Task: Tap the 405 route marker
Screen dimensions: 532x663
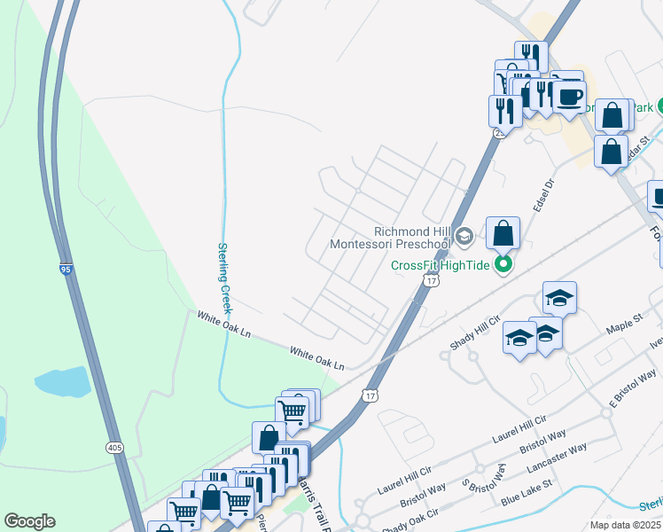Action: pos(114,449)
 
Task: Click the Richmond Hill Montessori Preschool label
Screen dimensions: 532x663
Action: pos(390,237)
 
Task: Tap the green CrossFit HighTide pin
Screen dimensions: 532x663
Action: pos(503,263)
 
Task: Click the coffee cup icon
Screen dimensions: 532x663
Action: pos(569,97)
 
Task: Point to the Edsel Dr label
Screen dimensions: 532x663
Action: pos(543,195)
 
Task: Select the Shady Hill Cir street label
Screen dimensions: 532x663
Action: pos(475,332)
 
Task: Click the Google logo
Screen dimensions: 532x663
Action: pos(29,520)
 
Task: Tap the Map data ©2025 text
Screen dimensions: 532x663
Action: pos(625,525)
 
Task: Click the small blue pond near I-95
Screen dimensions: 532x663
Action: pos(63,382)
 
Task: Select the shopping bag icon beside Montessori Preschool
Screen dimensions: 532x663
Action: pos(503,234)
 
